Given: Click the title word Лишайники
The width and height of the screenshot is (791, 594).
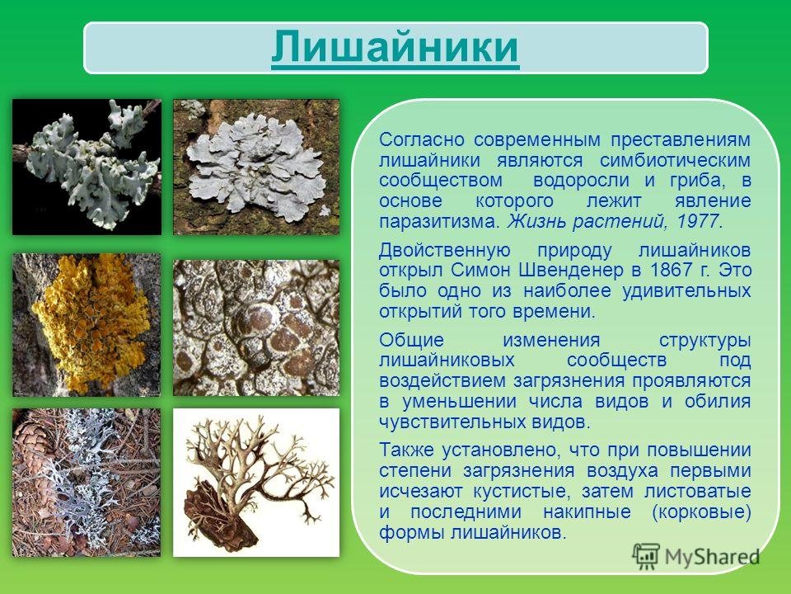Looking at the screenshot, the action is pyautogui.click(x=395, y=47).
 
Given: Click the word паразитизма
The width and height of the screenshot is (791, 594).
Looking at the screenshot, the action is pyautogui.click(x=440, y=222).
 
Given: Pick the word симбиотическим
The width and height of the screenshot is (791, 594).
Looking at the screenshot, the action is pyautogui.click(x=675, y=160).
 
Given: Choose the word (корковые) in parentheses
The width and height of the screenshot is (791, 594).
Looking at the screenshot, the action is pyautogui.click(x=701, y=511).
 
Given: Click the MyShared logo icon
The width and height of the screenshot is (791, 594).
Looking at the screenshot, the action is pyautogui.click(x=646, y=557).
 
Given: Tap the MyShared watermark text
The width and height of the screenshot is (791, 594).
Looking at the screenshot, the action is pyautogui.click(x=712, y=557).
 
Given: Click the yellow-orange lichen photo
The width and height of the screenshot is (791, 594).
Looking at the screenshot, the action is pyautogui.click(x=87, y=325).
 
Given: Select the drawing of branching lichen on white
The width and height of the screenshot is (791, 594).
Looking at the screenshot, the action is pyautogui.click(x=256, y=483).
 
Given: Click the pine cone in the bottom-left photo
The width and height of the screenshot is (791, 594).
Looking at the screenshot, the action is pyautogui.click(x=32, y=445).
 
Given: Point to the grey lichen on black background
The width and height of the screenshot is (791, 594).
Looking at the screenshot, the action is pyautogui.click(x=87, y=167).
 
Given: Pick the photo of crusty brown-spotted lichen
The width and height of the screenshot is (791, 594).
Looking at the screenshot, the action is pyautogui.click(x=256, y=328).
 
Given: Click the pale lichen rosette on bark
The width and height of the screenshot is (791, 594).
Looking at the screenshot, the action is pyautogui.click(x=256, y=167).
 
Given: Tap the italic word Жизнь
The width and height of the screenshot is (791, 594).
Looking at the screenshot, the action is pyautogui.click(x=536, y=221).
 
